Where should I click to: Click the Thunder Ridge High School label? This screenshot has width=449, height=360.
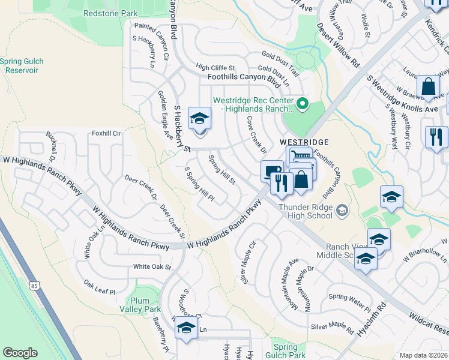(x=305, y=211)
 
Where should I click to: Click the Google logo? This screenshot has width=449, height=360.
(x=20, y=353)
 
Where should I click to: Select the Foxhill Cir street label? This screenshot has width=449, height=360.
(x=106, y=133)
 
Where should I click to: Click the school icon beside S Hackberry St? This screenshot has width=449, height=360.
(x=199, y=119)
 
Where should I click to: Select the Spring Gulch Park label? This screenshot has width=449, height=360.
(x=285, y=351)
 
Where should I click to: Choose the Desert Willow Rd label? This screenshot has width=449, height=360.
(x=337, y=45)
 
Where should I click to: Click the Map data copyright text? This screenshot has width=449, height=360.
(x=423, y=355)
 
